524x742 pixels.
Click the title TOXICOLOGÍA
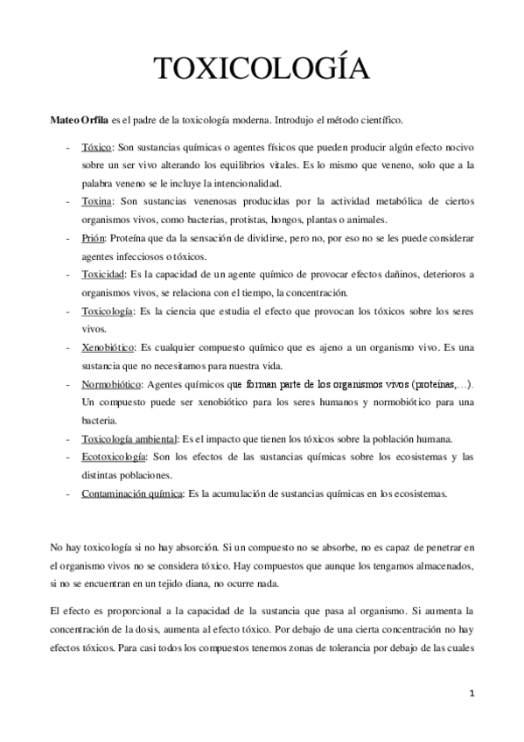[262, 69]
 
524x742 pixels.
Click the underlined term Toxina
[96, 201]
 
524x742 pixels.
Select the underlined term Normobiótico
[110, 384]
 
